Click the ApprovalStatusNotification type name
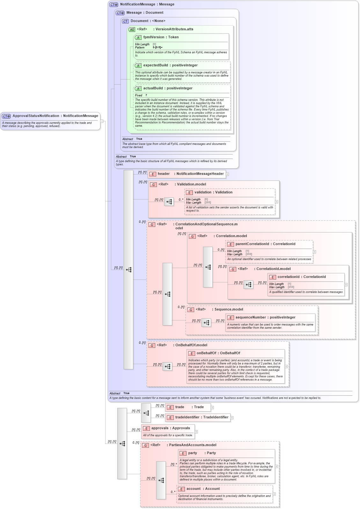36,116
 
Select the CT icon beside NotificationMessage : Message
114,4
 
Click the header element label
164,174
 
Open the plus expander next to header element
227,174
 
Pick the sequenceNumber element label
252,318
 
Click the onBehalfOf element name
206,353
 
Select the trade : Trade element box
188,407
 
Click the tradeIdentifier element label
187,417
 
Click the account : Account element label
194,489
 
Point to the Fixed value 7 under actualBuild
146,95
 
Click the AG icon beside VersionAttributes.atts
132,29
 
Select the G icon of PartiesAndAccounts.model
145,445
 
